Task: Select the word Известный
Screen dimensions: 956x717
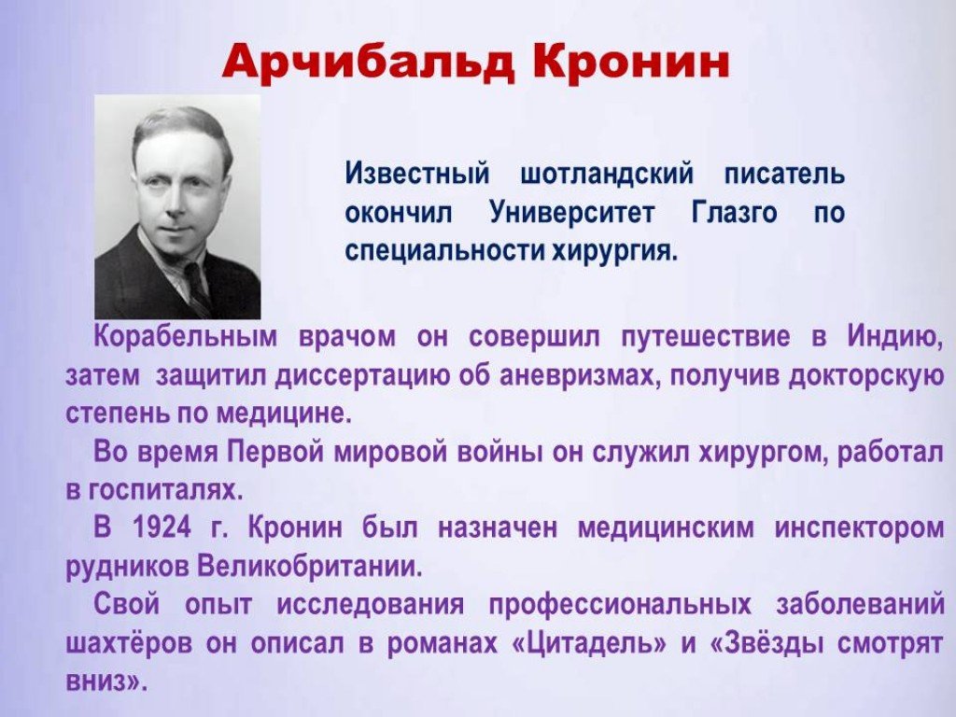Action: (417, 174)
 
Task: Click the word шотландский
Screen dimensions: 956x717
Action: (607, 175)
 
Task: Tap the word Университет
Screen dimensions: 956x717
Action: (572, 213)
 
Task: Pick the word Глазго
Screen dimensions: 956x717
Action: (735, 213)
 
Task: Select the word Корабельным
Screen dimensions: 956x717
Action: (186, 338)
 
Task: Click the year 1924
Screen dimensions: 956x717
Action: (161, 528)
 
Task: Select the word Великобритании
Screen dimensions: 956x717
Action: (310, 567)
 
